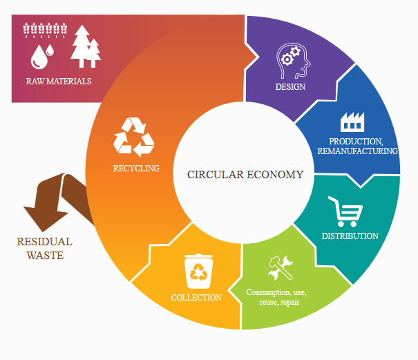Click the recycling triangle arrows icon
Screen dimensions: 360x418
[135, 136]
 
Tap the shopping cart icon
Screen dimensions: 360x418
[345, 211]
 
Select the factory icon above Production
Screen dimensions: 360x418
[352, 123]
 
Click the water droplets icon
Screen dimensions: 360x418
[42, 56]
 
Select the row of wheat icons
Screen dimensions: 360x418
[46, 30]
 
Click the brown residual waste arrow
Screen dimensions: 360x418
[59, 197]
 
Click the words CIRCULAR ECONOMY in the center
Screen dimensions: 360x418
[245, 175]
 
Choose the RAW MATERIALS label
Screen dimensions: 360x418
[59, 82]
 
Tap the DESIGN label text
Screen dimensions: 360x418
[290, 87]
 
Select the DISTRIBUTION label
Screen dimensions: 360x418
[350, 236]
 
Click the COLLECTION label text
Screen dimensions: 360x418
[196, 298]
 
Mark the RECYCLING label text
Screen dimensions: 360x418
[136, 168]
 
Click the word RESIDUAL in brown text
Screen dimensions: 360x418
[44, 243]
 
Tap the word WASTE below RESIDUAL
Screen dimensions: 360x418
[45, 256]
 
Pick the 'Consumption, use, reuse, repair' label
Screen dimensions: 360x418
[276, 298]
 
